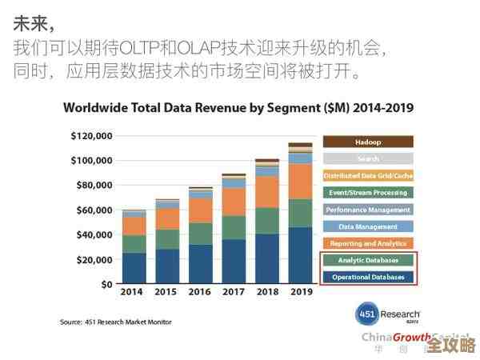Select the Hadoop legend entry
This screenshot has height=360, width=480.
click(x=368, y=142)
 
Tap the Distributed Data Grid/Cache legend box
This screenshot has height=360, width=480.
click(x=368, y=175)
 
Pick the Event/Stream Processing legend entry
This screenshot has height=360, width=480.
click(x=368, y=193)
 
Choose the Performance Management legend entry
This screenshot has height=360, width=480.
click(x=368, y=210)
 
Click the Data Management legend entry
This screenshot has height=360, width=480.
click(x=368, y=226)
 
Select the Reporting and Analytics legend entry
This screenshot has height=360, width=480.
click(x=368, y=243)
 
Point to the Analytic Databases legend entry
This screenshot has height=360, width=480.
click(x=368, y=261)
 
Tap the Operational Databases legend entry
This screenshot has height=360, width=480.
click(x=368, y=278)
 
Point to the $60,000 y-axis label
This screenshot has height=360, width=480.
click(x=94, y=210)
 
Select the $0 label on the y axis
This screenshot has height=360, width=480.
click(x=106, y=284)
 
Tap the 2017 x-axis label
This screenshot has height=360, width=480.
click(x=234, y=293)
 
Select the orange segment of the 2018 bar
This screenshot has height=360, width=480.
click(x=266, y=192)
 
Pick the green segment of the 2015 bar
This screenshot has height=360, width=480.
click(x=167, y=239)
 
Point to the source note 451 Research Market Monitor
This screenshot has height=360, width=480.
click(x=116, y=322)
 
